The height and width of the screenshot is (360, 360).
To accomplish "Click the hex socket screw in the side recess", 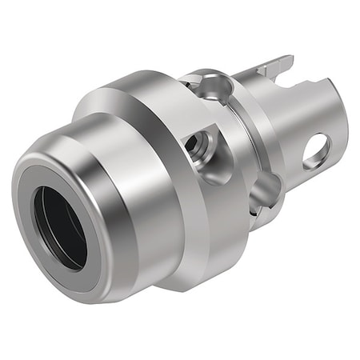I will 198,146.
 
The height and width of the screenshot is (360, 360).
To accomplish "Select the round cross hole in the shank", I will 316,150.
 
